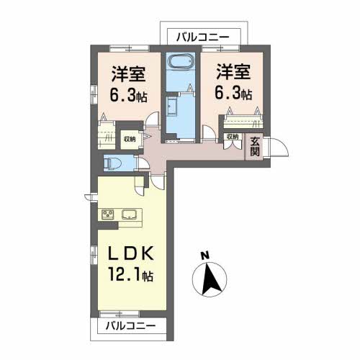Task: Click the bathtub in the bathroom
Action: click(x=181, y=61)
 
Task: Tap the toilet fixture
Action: click(x=112, y=163)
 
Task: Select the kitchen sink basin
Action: click(x=130, y=215)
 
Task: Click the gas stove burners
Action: click(x=107, y=215)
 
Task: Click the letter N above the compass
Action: click(x=204, y=256)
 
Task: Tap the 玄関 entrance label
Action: click(x=255, y=147)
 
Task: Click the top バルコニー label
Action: click(x=203, y=37)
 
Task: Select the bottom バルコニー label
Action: click(x=131, y=326)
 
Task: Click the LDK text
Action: click(x=131, y=253)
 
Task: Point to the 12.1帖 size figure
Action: click(x=131, y=274)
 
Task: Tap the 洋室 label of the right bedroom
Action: click(x=233, y=71)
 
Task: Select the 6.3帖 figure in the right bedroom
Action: click(x=233, y=94)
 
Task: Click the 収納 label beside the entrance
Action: click(x=233, y=137)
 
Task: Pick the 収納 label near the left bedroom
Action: click(x=130, y=139)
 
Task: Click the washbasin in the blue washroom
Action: click(x=172, y=107)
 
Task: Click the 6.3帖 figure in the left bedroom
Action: click(x=128, y=95)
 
